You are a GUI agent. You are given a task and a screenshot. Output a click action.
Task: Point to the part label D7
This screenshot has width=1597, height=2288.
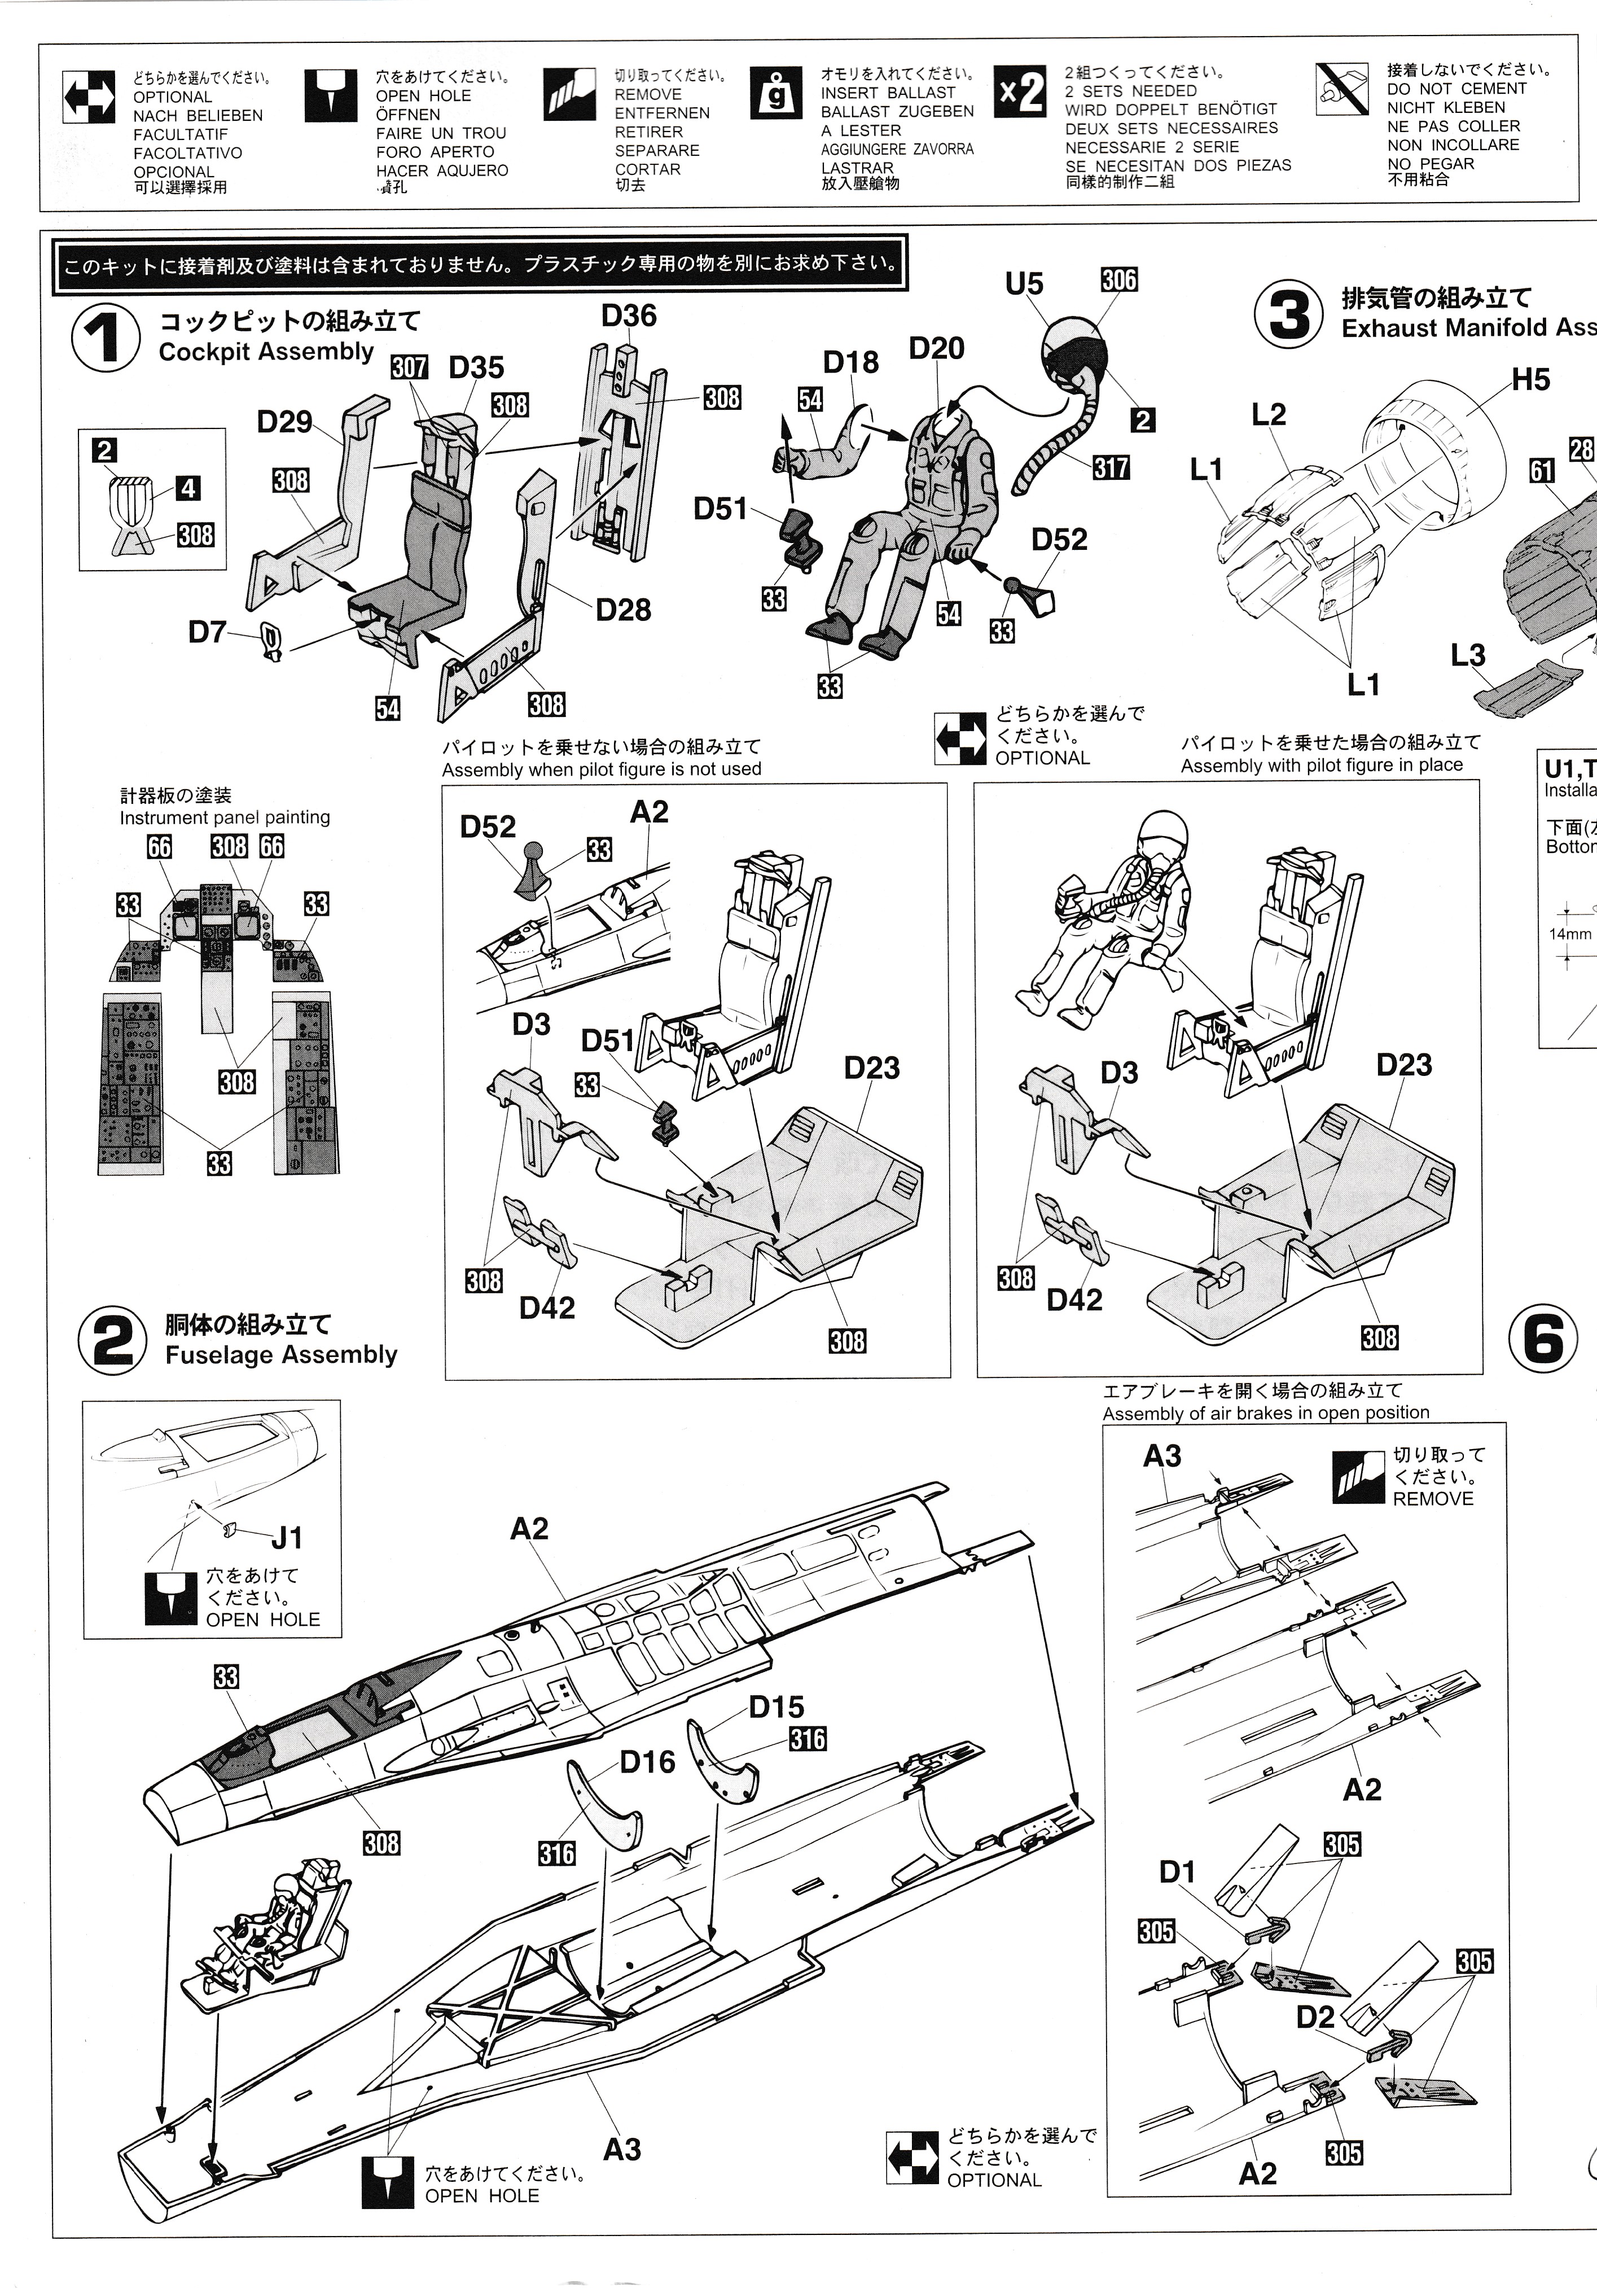(207, 632)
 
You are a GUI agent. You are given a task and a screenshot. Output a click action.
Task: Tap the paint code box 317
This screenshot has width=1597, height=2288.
(1111, 466)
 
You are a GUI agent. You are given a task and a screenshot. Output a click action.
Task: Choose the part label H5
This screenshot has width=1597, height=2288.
(1530, 380)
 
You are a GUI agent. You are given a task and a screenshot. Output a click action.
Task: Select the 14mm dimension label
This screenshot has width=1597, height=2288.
(1569, 934)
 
